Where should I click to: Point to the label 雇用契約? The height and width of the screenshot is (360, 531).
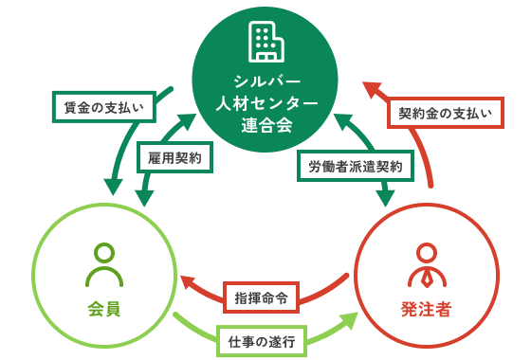[174, 156]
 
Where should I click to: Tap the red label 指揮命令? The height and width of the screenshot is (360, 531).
[261, 296]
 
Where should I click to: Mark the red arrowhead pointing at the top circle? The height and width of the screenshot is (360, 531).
[373, 90]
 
